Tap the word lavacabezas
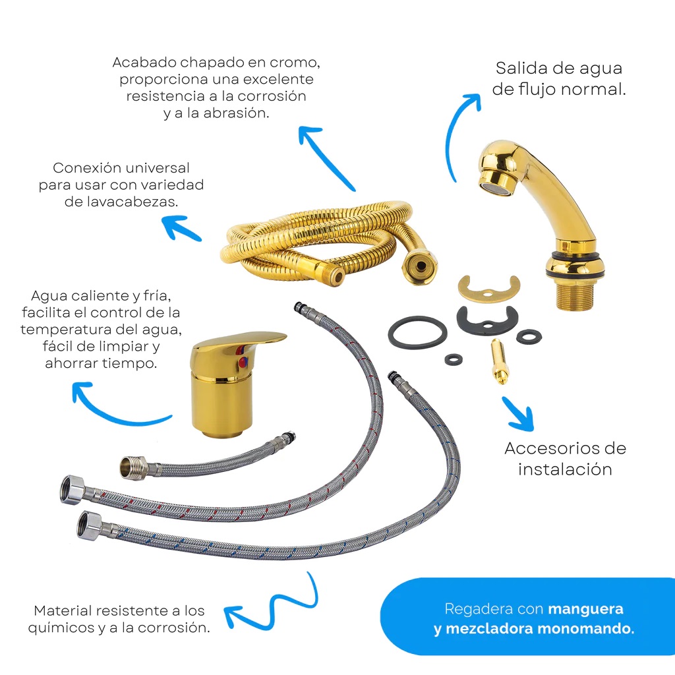[x=121, y=202]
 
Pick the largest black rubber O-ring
[x=417, y=331]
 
